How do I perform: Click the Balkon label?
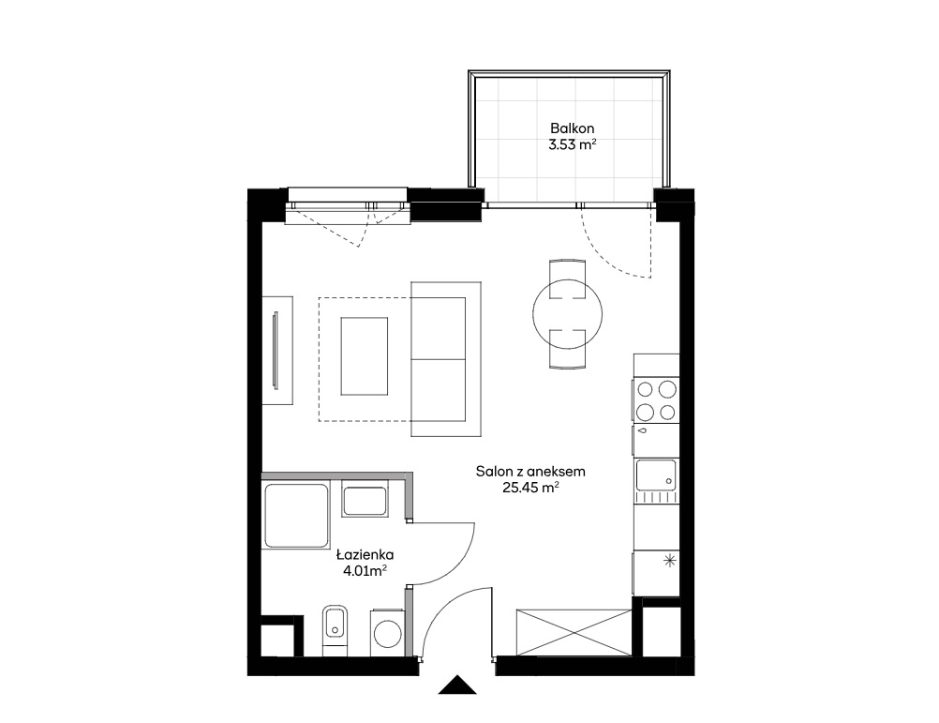tap(572, 128)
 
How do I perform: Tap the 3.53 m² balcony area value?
tap(572, 144)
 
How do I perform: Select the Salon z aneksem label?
tap(530, 472)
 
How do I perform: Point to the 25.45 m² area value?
tap(530, 488)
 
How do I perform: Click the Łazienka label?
tap(365, 554)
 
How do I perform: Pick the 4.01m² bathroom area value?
tap(365, 571)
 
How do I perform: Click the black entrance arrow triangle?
tap(457, 685)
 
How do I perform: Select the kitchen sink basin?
tap(656, 475)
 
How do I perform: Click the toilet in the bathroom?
tap(335, 631)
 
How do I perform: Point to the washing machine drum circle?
tap(387, 633)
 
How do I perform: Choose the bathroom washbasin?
tap(365, 502)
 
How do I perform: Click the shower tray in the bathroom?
tap(296, 516)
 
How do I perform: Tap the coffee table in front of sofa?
tap(365, 356)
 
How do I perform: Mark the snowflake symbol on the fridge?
tap(670, 562)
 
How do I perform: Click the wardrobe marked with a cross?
tap(574, 633)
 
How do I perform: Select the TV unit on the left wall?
tap(277, 351)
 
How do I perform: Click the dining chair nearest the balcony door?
tap(567, 271)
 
